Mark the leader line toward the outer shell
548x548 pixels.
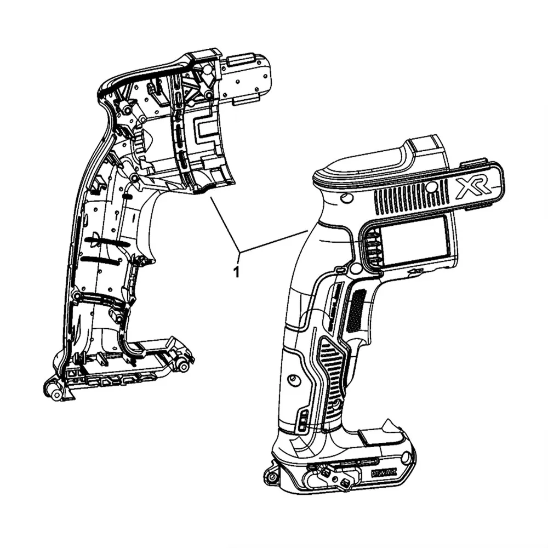pyautogui.click(x=274, y=242)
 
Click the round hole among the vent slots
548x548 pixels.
pyautogui.click(x=432, y=187)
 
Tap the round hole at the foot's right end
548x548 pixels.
pyautogui.click(x=406, y=458)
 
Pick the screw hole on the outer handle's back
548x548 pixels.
pyautogui.click(x=292, y=380)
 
